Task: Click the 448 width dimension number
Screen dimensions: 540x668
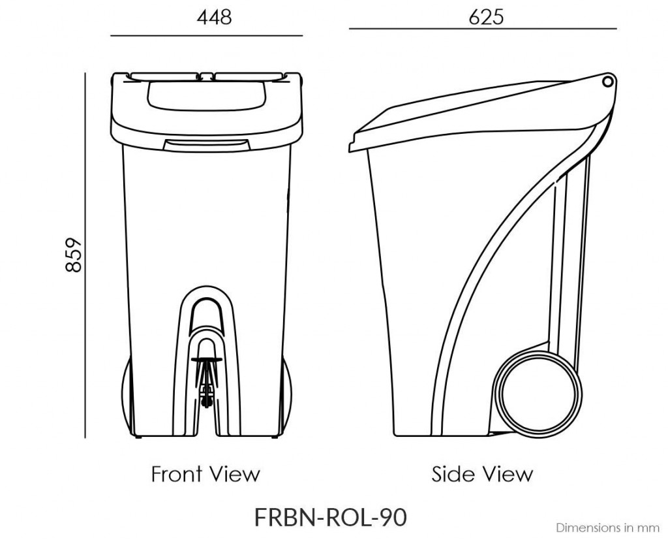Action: click(x=214, y=17)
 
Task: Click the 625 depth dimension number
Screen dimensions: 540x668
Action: click(x=486, y=17)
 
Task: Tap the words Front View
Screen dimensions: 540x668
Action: click(x=205, y=473)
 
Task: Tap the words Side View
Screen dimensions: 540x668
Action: click(x=482, y=473)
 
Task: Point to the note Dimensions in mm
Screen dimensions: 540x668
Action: click(x=607, y=526)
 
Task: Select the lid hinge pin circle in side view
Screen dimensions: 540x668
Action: click(x=608, y=81)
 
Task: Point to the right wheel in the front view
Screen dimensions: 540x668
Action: click(x=287, y=398)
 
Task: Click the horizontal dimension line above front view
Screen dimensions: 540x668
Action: click(x=206, y=35)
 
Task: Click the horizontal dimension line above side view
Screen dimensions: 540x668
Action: click(x=482, y=29)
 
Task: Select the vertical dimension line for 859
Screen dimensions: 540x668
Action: click(x=85, y=255)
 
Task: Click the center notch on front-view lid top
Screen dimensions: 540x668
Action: click(x=206, y=74)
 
